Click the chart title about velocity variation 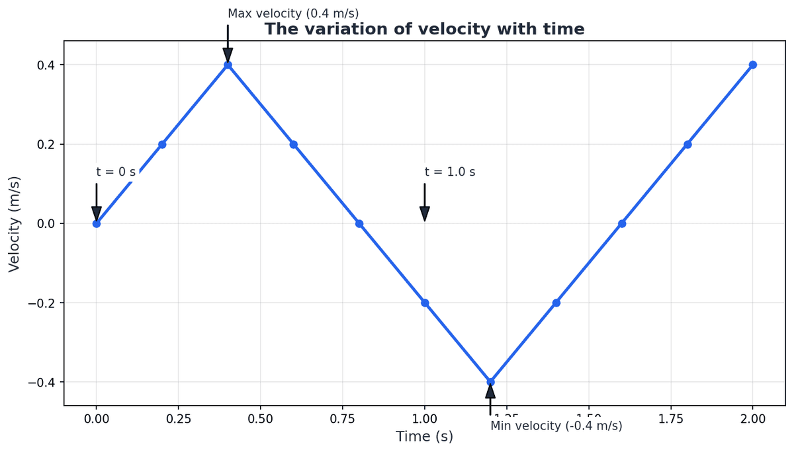coord(424,29)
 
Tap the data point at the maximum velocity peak coord(228,65)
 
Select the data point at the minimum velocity coord(490,382)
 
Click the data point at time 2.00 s coord(753,65)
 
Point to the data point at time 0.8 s coord(359,223)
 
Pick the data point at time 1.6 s coord(622,223)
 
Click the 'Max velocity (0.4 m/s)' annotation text coord(293,13)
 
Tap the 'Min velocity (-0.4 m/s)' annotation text coord(556,426)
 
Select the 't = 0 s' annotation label coord(116,172)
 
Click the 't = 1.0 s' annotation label coord(450,172)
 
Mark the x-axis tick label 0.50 coord(261,418)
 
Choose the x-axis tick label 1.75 coord(671,418)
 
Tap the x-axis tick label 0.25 coord(179,418)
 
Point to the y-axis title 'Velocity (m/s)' coord(15,223)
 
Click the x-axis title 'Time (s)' coord(424,436)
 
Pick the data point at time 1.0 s coord(425,303)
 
